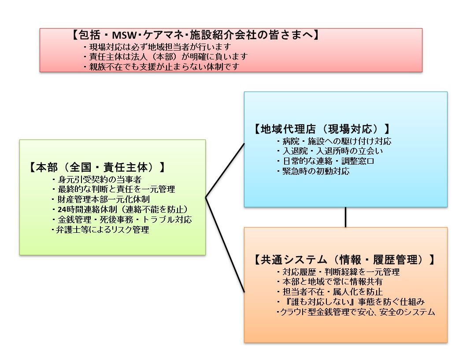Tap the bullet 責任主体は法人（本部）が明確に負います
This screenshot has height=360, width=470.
pyautogui.click(x=165, y=57)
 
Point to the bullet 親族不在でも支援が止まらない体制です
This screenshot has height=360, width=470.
pyautogui.click(x=163, y=67)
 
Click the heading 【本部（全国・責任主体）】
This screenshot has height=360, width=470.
pyautogui.click(x=97, y=168)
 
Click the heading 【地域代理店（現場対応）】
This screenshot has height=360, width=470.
pyautogui.click(x=322, y=129)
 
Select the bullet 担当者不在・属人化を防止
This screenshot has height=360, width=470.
pyautogui.click(x=329, y=292)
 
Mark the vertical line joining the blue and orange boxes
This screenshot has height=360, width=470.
pyautogui.click(x=345, y=217)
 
